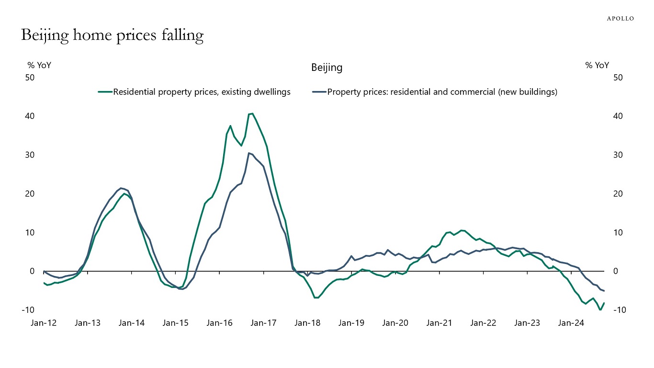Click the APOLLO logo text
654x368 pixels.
620,18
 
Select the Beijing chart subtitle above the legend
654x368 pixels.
327,68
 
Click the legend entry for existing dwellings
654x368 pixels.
202,92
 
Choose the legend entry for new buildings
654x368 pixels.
442,92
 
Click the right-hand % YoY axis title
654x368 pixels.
597,66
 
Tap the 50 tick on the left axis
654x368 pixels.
30,77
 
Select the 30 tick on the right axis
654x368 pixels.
618,155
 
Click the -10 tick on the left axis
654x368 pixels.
28,310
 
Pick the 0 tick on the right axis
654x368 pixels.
616,271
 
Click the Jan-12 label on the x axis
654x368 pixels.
44,323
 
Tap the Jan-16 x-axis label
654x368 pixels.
219,323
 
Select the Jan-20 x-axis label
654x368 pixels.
395,323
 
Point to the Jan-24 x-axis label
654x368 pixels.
571,323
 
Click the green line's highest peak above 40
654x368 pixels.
252,114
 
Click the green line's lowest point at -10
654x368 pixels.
600,310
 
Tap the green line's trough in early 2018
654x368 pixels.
316,298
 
